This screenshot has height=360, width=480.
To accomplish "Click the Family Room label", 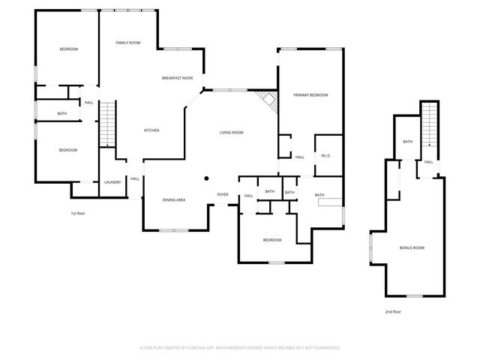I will pyautogui.click(x=128, y=43).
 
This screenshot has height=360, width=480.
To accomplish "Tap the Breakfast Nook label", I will pyautogui.click(x=178, y=78).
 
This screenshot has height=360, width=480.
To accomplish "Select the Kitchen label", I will pyautogui.click(x=151, y=130).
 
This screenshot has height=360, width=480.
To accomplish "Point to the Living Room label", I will pyautogui.click(x=231, y=133).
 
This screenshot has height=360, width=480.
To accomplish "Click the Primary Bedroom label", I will pyautogui.click(x=310, y=95).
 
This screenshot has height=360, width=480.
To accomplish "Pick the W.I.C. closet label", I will pyautogui.click(x=326, y=156).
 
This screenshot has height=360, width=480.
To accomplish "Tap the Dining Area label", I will pyautogui.click(x=174, y=199).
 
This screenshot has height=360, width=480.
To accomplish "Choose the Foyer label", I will pyautogui.click(x=223, y=195).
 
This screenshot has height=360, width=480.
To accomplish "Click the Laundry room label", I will pyautogui.click(x=112, y=182).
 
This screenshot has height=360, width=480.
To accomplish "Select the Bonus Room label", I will pyautogui.click(x=412, y=247).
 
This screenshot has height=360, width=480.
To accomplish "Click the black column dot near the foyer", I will pyautogui.click(x=206, y=178).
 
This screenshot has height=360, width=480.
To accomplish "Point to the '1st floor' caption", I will pyautogui.click(x=79, y=214).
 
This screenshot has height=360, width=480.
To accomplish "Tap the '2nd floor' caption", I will pyautogui.click(x=393, y=310).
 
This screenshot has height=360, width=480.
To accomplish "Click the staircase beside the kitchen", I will pyautogui.click(x=108, y=124).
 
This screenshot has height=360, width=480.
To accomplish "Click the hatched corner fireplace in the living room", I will pyautogui.click(x=265, y=100).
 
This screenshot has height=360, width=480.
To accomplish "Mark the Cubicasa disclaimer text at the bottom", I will pyautogui.click(x=240, y=347).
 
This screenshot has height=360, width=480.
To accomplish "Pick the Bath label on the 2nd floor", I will pyautogui.click(x=408, y=142).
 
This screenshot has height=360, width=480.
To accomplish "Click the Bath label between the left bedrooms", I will pyautogui.click(x=62, y=114).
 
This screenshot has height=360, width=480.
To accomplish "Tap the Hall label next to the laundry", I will pyautogui.click(x=135, y=178).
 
